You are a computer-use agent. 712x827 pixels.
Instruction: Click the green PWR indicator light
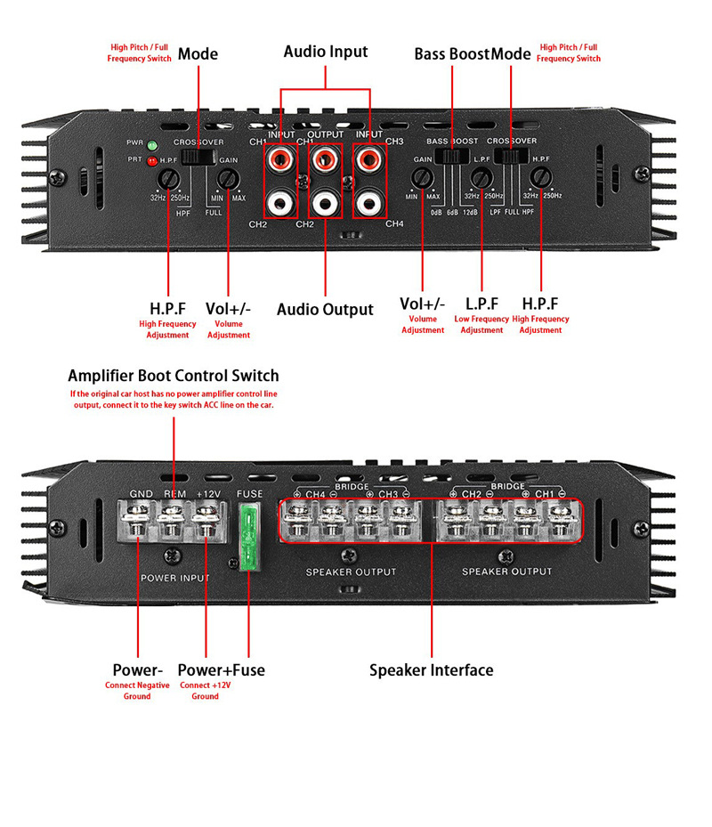152,144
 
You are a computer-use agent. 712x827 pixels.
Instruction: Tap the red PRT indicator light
152,161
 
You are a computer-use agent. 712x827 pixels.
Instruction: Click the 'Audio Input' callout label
325,52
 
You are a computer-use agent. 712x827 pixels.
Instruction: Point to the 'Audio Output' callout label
325,310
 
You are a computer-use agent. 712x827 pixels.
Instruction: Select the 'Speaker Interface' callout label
431,669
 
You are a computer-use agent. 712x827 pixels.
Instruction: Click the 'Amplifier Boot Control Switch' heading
174,376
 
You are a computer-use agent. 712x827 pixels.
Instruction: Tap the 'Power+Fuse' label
221,669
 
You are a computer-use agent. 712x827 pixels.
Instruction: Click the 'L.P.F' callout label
481,304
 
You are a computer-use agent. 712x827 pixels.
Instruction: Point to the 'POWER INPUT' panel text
175,578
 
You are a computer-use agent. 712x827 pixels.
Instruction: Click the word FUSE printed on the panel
248,494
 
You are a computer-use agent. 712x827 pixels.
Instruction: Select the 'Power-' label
138,669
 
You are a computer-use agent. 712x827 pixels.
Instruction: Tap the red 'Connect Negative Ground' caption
137,691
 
